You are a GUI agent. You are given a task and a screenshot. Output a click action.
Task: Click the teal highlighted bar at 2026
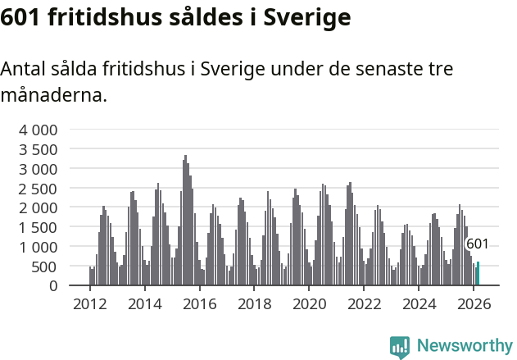click(478, 274)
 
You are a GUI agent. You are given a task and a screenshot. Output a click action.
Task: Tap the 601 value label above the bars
click(477, 244)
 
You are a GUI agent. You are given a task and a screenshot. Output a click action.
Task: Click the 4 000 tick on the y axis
click(39, 130)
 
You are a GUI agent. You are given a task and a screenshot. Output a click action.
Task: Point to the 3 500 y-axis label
click(39, 149)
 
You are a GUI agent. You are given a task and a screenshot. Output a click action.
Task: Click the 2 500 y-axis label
click(39, 188)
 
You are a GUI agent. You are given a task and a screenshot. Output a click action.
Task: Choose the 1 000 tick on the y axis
click(39, 247)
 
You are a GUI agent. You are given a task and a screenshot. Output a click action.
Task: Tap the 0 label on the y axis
click(52, 285)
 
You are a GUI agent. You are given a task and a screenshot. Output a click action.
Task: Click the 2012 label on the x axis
click(89, 304)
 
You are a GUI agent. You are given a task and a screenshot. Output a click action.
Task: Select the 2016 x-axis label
click(199, 304)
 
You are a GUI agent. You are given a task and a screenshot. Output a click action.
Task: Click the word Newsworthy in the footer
click(465, 347)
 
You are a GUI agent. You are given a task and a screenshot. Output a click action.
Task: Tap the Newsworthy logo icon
click(400, 347)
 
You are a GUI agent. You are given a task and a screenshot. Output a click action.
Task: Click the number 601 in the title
click(20, 17)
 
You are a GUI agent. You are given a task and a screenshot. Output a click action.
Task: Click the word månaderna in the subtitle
click(52, 96)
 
